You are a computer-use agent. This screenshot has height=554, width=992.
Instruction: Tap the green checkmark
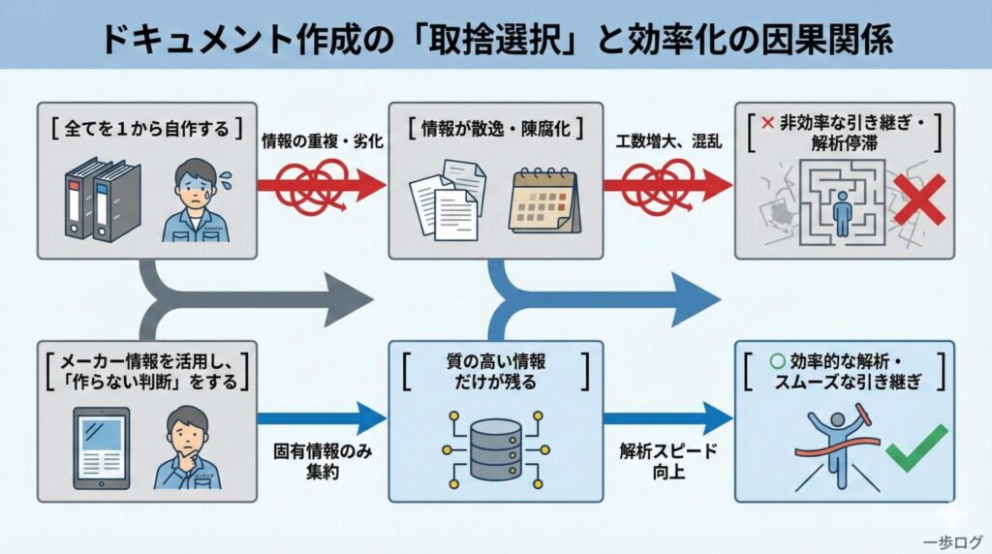[916, 446]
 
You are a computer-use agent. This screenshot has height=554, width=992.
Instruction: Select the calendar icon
[543, 200]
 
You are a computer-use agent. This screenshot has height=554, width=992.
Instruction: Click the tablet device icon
[102, 446]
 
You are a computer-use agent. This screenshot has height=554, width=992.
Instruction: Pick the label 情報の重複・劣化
[323, 141]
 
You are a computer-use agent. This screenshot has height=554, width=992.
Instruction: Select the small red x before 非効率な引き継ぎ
[768, 125]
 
